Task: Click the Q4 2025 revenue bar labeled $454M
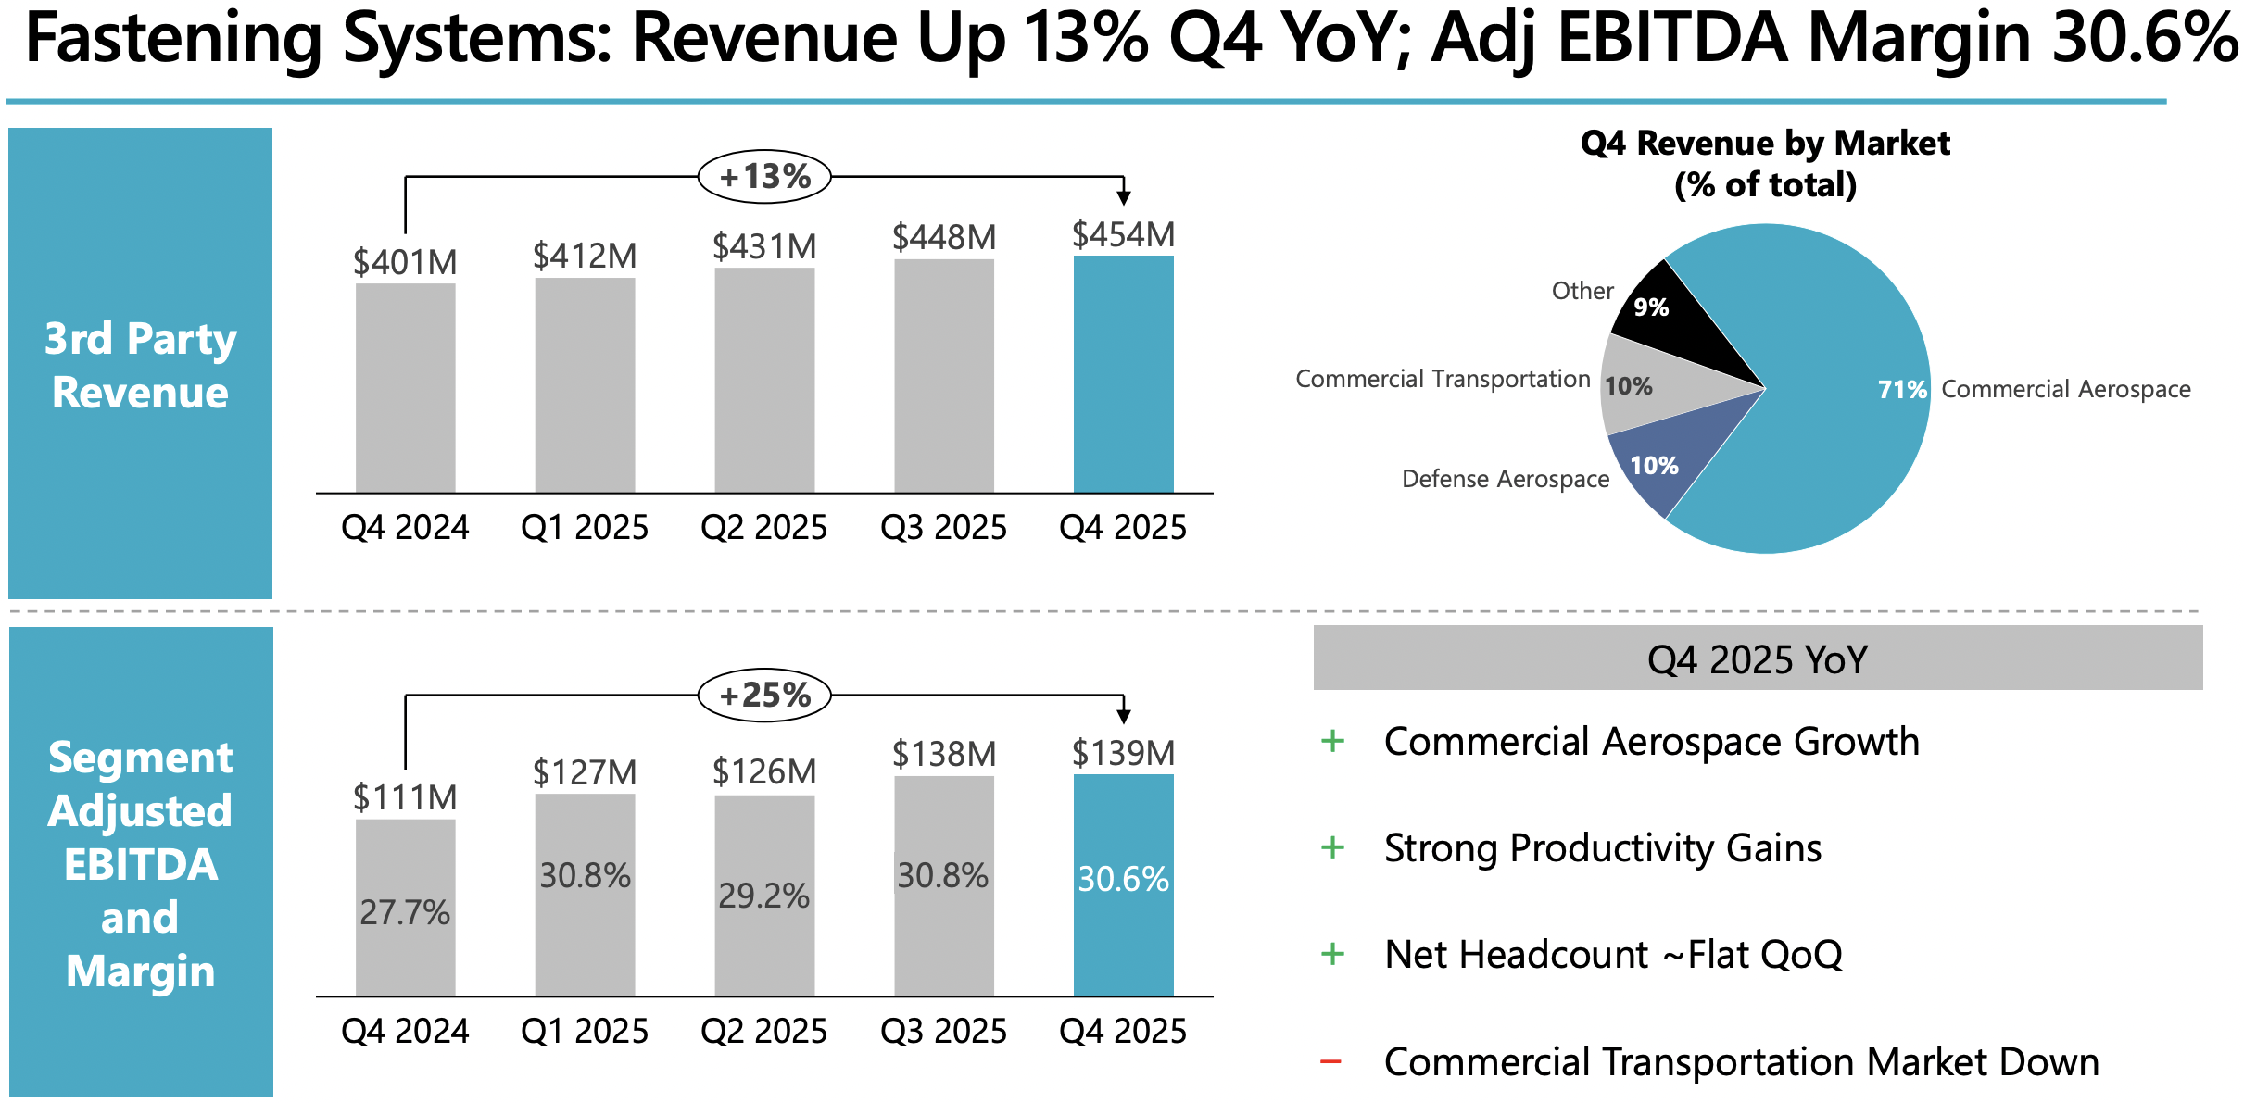[1123, 374]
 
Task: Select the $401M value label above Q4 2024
[405, 263]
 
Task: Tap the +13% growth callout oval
[764, 176]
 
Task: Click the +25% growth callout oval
[764, 695]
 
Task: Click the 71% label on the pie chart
[1902, 390]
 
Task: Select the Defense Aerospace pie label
[1506, 479]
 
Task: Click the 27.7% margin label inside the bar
[405, 912]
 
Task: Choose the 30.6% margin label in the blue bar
[1123, 879]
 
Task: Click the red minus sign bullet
[1331, 1061]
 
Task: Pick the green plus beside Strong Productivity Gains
[1332, 847]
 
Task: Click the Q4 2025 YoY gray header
[1758, 658]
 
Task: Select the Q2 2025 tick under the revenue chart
[763, 527]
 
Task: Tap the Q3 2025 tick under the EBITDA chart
[943, 1031]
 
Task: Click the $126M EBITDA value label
[764, 771]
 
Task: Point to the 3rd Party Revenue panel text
[141, 365]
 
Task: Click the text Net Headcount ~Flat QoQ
[1613, 955]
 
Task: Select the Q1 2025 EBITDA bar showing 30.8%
[585, 895]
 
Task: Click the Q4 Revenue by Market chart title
[1765, 164]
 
